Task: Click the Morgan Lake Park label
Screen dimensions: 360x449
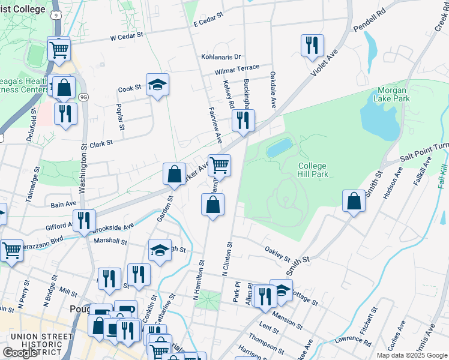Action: click(393, 94)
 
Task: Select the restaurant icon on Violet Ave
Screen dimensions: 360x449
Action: click(312, 45)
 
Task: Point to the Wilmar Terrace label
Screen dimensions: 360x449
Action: click(237, 69)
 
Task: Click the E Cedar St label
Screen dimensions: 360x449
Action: click(208, 20)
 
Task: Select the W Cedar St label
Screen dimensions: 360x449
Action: click(127, 36)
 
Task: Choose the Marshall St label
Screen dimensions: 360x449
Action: click(110, 241)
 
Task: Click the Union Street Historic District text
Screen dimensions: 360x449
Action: click(37, 340)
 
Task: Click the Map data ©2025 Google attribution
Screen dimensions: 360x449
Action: click(412, 355)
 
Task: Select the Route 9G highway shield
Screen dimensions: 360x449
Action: click(83, 97)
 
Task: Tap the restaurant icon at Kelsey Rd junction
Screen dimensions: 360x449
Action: click(243, 119)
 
